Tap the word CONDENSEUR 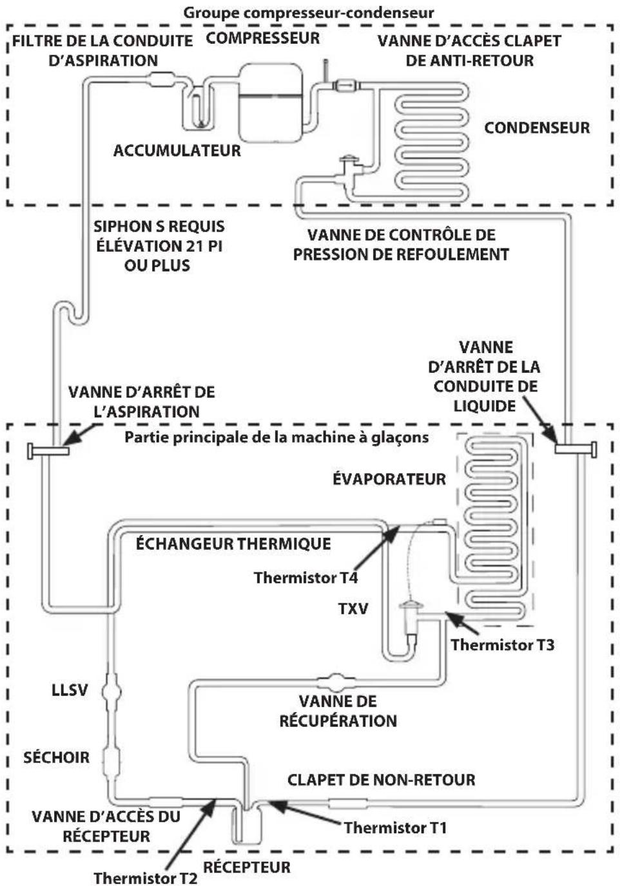tap(537, 127)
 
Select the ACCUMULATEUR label tap(177, 151)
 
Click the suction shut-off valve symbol tap(48, 451)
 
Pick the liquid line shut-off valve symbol tap(576, 449)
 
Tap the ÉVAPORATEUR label tap(389, 479)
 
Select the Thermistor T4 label tap(306, 578)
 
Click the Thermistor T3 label tap(503, 645)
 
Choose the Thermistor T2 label tap(146, 878)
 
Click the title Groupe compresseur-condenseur tap(309, 13)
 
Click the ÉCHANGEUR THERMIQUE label tap(233, 544)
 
